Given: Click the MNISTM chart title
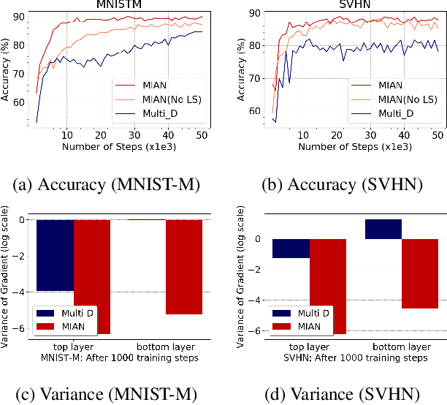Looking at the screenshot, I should tap(122, 4).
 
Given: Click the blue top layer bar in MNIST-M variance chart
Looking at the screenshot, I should tap(55, 254).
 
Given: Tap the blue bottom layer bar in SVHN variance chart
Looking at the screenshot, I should tap(383, 229).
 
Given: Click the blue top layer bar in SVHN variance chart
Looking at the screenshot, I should tap(290, 248).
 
